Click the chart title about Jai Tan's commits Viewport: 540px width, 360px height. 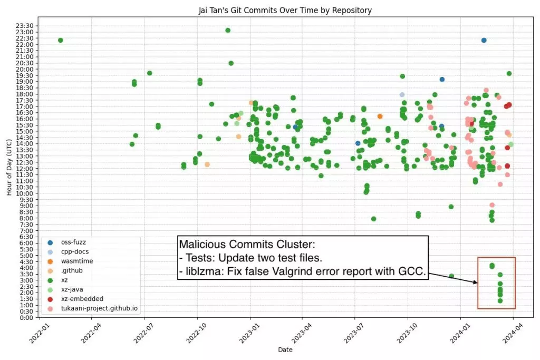269,10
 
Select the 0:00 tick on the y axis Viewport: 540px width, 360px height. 28,317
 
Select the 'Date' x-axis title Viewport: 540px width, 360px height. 285,349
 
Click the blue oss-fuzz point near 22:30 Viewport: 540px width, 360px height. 484,40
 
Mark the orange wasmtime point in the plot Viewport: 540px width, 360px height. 380,116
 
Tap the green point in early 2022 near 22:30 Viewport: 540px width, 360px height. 61,40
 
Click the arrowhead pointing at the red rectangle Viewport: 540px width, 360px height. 476,283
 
